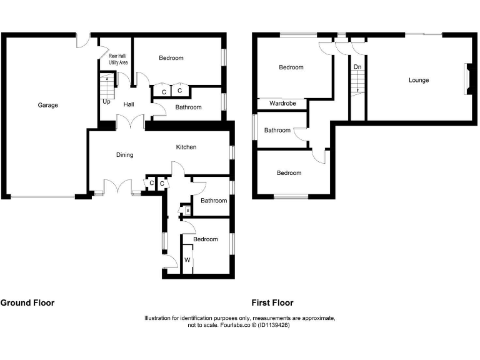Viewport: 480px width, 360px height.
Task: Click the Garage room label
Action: pyautogui.click(x=47, y=105)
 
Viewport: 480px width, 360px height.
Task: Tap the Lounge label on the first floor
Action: pyautogui.click(x=419, y=80)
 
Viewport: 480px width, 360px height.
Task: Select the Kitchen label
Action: pyautogui.click(x=186, y=147)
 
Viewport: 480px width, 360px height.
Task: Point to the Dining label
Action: pyautogui.click(x=124, y=154)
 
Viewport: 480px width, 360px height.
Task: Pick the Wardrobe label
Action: pyautogui.click(x=282, y=103)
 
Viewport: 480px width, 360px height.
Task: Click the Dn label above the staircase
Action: pyautogui.click(x=357, y=66)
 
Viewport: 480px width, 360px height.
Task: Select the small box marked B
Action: pyautogui.click(x=187, y=211)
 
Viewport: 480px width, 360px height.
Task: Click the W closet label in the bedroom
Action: pyautogui.click(x=187, y=259)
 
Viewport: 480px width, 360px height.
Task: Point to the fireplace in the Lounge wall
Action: pyautogui.click(x=466, y=79)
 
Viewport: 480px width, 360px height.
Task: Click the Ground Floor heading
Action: pyautogui.click(x=27, y=302)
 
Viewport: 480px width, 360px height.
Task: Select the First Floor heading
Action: pyautogui.click(x=272, y=302)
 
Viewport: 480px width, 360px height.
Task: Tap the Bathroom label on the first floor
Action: pyautogui.click(x=277, y=130)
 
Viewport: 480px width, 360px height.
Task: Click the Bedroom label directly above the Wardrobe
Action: pyautogui.click(x=291, y=67)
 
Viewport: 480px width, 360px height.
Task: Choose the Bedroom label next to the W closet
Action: pyautogui.click(x=205, y=239)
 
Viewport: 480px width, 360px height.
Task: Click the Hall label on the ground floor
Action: pyautogui.click(x=129, y=104)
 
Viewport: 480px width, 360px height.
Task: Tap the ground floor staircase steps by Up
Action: pyautogui.click(x=107, y=84)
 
